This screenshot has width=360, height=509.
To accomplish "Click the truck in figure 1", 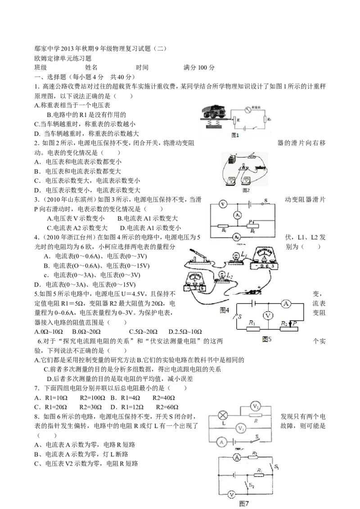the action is [213, 112].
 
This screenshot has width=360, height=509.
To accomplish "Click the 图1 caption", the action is [235, 135].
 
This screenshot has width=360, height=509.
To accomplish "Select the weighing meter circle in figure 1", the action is [248, 110].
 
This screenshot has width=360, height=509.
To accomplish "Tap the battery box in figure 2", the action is [232, 161].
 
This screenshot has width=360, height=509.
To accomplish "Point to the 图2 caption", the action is [246, 190].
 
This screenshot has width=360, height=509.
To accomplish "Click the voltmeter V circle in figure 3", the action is [223, 204].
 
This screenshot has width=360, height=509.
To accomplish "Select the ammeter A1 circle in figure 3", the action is [238, 215].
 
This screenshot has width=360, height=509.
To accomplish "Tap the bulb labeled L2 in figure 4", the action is [223, 276].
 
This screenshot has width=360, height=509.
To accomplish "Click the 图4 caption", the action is [225, 310].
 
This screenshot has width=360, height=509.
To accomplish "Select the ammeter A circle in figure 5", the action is [286, 304].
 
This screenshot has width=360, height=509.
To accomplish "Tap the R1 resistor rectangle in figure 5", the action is [253, 329].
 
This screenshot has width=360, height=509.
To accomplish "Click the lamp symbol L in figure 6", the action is [223, 415].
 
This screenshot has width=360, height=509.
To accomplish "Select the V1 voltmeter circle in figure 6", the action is [241, 428].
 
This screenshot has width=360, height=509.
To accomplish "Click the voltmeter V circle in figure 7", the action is [231, 495].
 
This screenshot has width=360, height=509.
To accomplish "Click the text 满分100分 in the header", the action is [199, 67].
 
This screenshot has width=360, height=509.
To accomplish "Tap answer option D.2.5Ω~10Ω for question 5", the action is [185, 332].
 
